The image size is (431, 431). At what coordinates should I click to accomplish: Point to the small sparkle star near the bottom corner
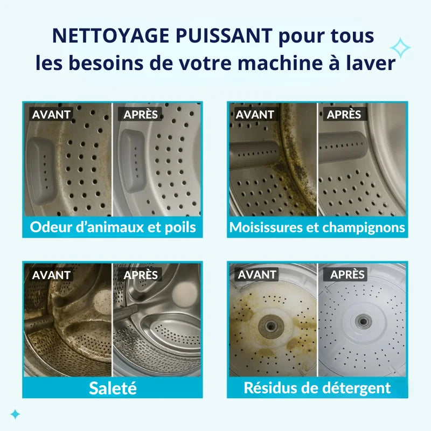click(x=16, y=414)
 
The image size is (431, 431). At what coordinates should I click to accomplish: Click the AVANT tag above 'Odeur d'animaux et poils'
click(x=51, y=114)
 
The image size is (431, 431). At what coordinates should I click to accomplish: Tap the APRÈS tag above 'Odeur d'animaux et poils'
click(x=141, y=114)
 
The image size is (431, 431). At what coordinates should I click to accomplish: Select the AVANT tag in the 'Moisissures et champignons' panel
click(x=255, y=114)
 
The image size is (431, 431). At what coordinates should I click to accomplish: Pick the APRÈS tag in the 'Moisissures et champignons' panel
click(x=344, y=114)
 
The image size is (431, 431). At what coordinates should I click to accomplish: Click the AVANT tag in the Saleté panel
click(x=51, y=275)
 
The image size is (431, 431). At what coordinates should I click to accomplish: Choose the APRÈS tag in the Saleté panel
click(x=141, y=275)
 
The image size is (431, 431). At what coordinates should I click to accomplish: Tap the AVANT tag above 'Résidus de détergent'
click(x=257, y=275)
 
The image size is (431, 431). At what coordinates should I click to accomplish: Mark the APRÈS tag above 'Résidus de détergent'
click(x=347, y=275)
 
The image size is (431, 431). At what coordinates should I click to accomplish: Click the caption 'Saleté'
click(x=113, y=387)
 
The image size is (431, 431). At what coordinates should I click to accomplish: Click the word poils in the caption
click(x=179, y=227)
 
